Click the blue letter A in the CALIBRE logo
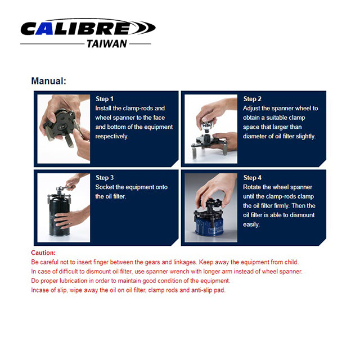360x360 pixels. point(44,29)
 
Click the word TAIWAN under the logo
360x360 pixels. point(107,44)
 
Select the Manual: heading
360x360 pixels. point(49,81)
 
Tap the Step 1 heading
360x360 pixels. point(105,99)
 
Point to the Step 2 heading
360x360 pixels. point(253,99)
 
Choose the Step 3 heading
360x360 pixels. point(105,178)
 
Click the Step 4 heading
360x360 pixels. point(253,178)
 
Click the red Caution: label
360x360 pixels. point(43,253)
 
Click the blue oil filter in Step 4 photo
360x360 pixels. point(209,226)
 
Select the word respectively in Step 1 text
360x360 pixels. point(112,136)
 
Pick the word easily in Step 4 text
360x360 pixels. point(251,224)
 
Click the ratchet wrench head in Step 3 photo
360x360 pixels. point(61,188)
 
